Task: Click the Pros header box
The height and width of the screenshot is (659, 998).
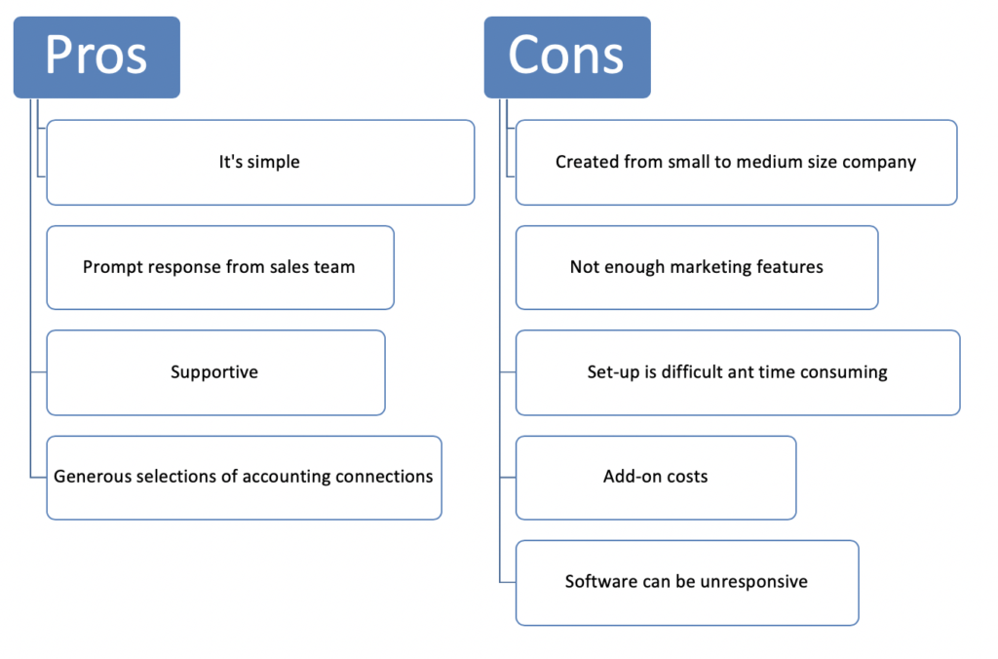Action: click(96, 58)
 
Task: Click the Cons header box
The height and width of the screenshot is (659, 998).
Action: click(567, 58)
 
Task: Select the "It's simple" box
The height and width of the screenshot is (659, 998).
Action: click(260, 163)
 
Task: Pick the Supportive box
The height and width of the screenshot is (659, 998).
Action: click(215, 372)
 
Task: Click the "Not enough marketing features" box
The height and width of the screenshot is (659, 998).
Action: click(697, 267)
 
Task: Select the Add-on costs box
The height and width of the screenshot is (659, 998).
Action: click(656, 478)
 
